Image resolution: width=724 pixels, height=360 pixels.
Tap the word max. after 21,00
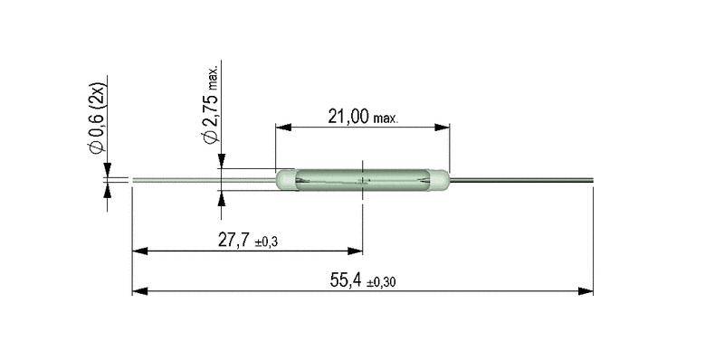coord(387,119)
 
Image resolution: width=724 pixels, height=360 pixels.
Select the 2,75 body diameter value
coord(208,111)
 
